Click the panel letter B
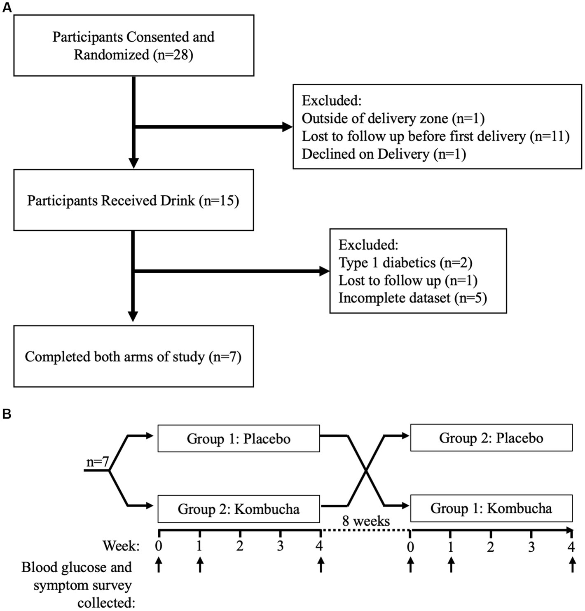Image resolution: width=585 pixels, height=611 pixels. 7,414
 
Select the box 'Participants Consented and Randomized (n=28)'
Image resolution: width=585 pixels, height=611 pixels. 133,46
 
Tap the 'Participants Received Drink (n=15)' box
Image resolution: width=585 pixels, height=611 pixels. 133,201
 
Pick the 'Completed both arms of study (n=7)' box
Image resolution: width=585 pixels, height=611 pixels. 133,356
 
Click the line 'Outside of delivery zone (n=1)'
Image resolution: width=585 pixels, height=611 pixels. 393,119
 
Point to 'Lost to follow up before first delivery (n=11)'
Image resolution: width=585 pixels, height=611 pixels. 435,136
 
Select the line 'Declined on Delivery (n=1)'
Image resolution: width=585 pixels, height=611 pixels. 384,154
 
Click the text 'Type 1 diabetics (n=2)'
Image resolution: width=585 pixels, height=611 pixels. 405,262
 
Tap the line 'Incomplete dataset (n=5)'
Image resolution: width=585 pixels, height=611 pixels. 412,298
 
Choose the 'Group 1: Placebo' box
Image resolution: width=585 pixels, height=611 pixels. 239,438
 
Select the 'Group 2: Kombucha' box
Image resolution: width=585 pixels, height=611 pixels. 239,509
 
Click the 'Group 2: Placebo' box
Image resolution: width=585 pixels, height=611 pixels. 491,438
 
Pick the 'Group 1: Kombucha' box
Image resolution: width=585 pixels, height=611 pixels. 491,508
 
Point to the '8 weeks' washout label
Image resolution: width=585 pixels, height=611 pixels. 366,521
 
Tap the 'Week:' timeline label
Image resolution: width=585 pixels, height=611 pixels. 121,546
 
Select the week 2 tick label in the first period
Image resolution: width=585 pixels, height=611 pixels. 240,546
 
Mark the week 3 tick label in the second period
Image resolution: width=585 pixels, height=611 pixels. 531,547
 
